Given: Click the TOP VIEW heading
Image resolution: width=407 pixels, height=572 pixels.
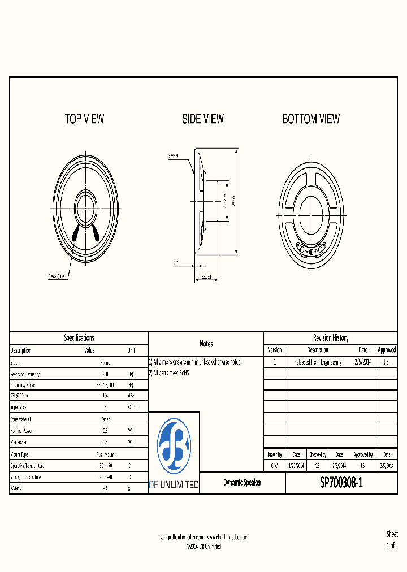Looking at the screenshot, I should point(84,119).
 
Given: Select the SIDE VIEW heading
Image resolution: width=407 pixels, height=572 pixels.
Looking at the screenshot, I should point(203,119).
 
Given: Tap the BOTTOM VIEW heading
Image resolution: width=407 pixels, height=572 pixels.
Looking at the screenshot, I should point(311,119).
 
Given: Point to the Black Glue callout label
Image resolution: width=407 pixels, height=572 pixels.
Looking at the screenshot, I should point(57,276).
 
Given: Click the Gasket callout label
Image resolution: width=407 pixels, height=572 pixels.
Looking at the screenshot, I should point(173,155).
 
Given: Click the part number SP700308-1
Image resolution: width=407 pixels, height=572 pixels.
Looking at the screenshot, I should point(341,483).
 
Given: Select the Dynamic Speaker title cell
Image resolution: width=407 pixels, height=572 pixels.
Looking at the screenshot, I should point(242,483).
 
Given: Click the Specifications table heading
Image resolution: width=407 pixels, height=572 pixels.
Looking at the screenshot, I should point(79,338).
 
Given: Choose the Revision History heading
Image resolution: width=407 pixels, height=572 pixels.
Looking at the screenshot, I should point(331,338).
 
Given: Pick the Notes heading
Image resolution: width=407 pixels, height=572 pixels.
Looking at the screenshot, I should point(206,344).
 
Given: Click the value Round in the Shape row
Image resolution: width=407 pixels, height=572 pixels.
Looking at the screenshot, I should point(105,362).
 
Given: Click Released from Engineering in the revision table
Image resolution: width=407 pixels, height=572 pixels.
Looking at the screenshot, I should point(318,362).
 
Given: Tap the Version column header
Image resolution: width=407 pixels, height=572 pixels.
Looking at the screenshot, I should point(274,350).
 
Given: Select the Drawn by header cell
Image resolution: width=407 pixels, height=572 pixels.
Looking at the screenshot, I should point(274,454).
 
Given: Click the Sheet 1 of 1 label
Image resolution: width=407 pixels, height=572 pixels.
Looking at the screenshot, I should point(392,540).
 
